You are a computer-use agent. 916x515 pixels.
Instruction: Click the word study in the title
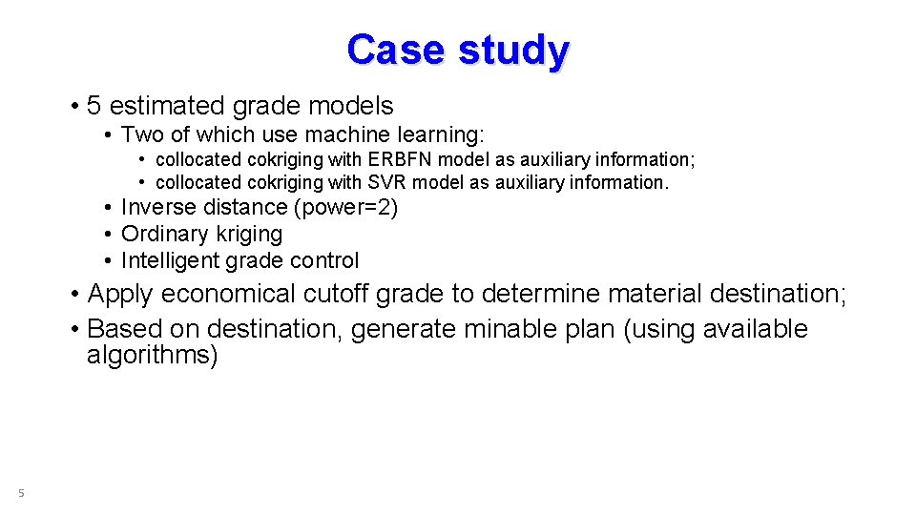click(x=513, y=51)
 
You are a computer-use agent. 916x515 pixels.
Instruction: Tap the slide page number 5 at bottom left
click(x=21, y=493)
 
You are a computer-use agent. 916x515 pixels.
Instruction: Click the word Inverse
click(x=156, y=207)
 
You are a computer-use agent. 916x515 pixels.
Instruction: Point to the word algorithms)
click(x=153, y=356)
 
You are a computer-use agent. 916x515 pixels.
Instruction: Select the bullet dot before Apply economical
click(x=74, y=294)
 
